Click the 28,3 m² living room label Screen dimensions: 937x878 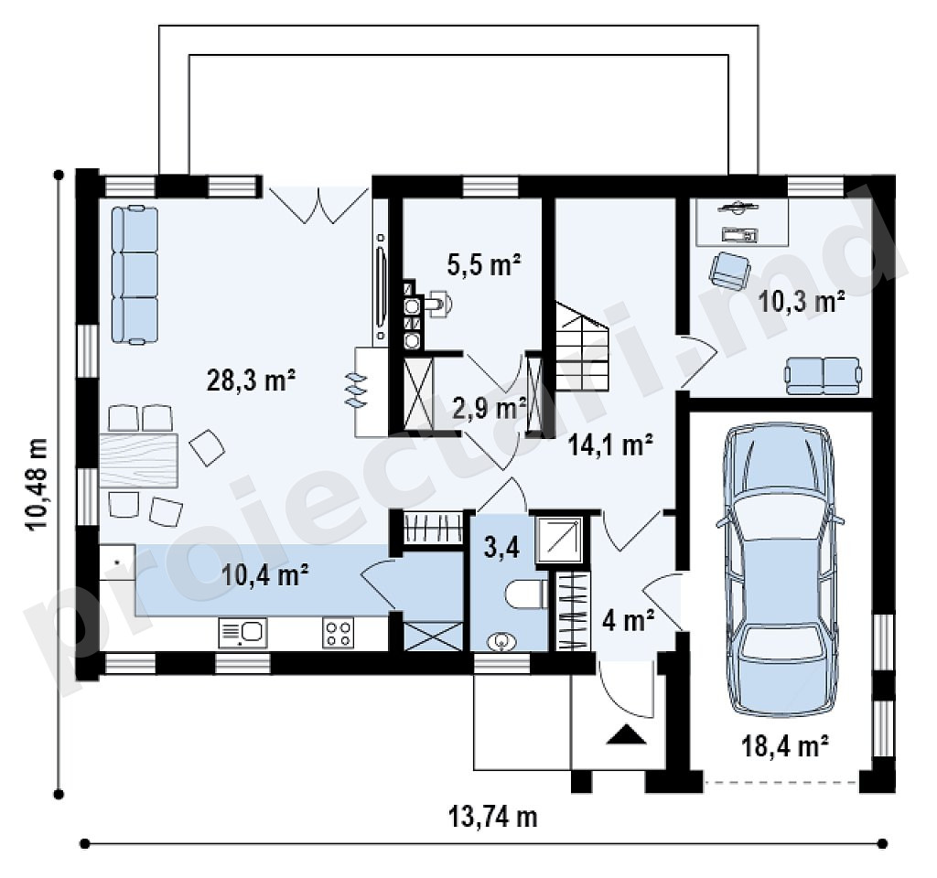coord(251,380)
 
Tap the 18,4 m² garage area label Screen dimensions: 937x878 coord(784,745)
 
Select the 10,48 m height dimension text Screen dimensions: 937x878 coord(37,484)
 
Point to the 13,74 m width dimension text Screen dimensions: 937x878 coord(492,817)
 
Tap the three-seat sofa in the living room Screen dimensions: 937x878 coord(135,274)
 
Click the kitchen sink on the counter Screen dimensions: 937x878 coord(242,633)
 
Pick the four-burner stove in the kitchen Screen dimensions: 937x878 coord(339,633)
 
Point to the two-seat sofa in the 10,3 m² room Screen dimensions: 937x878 coord(824,376)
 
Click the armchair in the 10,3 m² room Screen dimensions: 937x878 coord(729,270)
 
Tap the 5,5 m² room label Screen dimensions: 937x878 coord(484,264)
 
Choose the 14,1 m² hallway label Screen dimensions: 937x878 coord(609,445)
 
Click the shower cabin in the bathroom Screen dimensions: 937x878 coord(559,541)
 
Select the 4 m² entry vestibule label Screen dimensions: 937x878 coord(628,621)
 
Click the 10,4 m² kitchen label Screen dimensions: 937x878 coord(264,575)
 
